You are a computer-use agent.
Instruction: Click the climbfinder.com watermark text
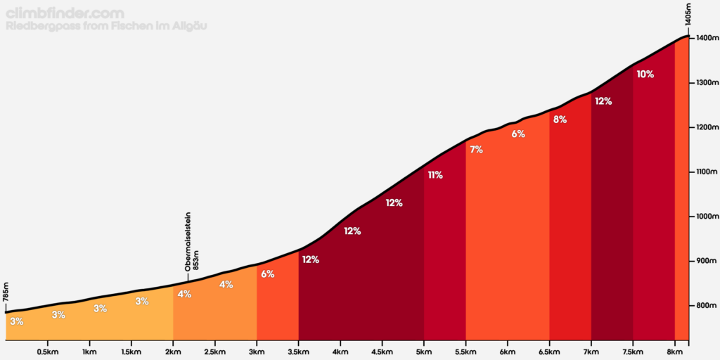(x=65, y=13)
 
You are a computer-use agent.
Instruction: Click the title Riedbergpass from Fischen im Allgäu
(x=105, y=27)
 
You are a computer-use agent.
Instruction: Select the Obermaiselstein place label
(x=188, y=242)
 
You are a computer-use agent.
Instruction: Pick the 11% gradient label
(x=435, y=175)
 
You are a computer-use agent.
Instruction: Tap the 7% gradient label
(x=476, y=149)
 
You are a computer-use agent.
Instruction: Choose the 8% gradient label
(x=560, y=120)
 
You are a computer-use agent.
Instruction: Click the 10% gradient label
(x=645, y=74)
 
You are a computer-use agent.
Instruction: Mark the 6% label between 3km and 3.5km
(x=267, y=274)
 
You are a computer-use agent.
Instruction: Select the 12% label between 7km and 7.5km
(x=603, y=101)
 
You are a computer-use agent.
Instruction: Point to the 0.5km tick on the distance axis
(x=47, y=352)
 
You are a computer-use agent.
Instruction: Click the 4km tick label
(x=340, y=352)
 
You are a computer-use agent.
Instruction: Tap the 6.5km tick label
(x=549, y=352)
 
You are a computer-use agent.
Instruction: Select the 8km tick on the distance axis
(x=674, y=352)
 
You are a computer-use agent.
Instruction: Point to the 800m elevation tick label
(x=705, y=306)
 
